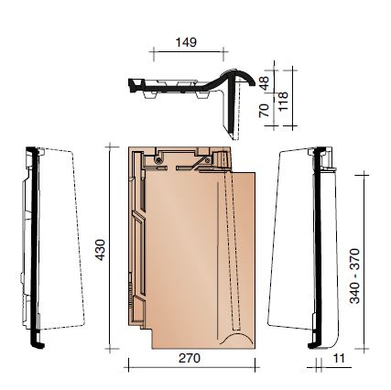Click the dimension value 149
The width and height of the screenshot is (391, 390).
185,42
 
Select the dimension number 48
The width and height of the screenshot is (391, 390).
266,82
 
